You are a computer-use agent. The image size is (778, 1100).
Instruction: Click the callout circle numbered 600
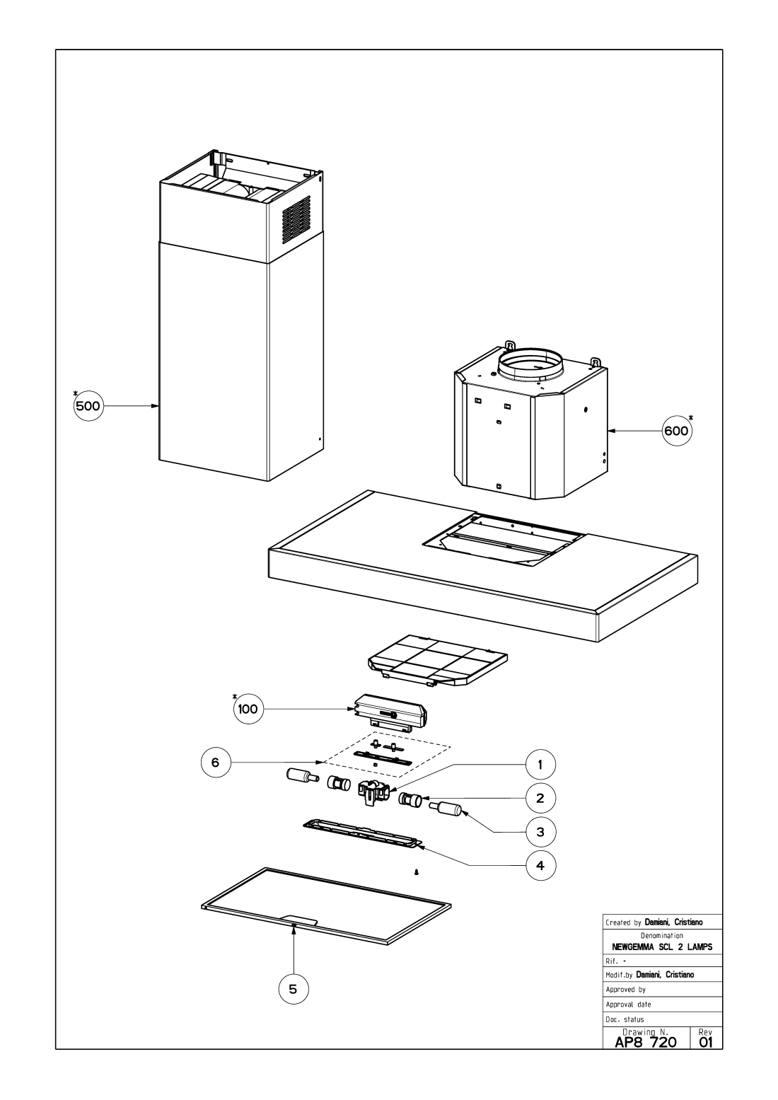pos(677,430)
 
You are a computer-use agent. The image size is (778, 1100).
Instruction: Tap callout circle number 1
pos(540,764)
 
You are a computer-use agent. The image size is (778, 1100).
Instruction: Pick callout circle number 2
pos(540,798)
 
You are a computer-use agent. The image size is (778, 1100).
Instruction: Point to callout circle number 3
pos(540,832)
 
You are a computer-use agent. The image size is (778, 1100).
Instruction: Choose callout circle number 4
pos(540,865)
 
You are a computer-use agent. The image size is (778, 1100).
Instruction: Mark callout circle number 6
pos(216,763)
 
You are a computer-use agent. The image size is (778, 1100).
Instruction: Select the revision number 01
pos(704,1042)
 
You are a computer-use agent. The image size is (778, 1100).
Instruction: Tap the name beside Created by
pos(673,922)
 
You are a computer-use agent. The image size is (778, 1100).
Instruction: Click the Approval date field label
pos(629,1004)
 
